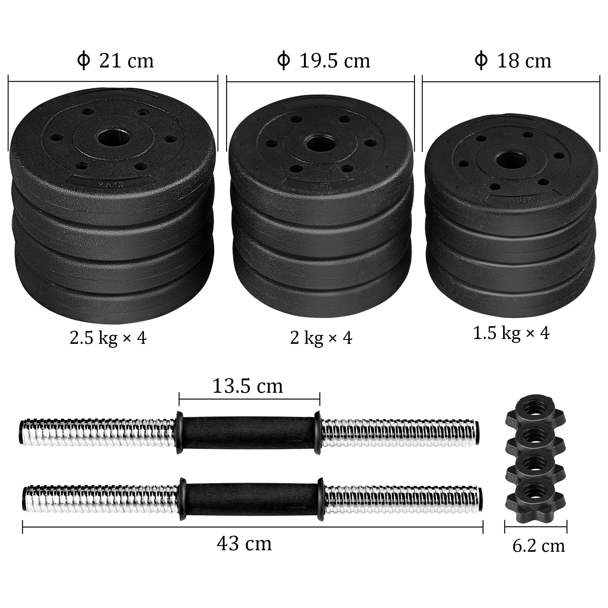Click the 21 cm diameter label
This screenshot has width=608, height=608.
(x=116, y=60)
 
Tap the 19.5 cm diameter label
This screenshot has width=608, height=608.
(x=323, y=60)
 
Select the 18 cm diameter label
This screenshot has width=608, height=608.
(x=513, y=60)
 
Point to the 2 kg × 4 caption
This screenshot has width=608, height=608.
(x=321, y=338)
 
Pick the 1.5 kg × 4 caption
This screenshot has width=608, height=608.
(x=511, y=333)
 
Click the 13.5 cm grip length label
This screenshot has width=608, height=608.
(x=248, y=386)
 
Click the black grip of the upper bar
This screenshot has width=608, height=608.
(x=249, y=433)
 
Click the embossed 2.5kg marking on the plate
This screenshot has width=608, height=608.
(x=110, y=184)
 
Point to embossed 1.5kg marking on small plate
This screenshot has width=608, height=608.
(x=524, y=200)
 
